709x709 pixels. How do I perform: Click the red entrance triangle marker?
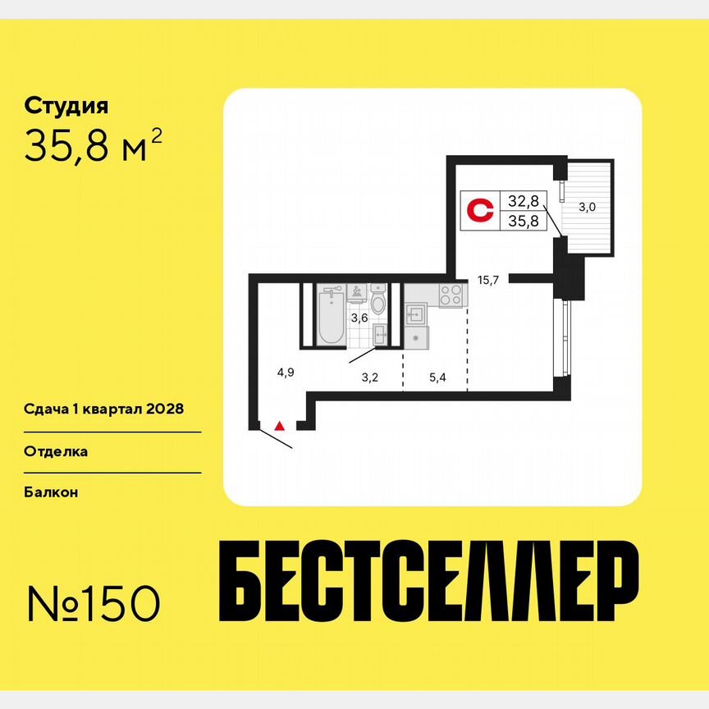pyautogui.click(x=280, y=425)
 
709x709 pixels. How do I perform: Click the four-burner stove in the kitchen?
pyautogui.click(x=450, y=295)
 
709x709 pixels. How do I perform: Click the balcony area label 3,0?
pyautogui.click(x=587, y=208)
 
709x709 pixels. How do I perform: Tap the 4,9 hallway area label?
pyautogui.click(x=285, y=372)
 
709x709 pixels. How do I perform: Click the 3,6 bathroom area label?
pyautogui.click(x=359, y=318)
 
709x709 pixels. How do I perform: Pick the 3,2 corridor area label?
pyautogui.click(x=370, y=378)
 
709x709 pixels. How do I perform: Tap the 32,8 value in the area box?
pyautogui.click(x=522, y=200)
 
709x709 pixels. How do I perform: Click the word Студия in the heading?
pyautogui.click(x=66, y=106)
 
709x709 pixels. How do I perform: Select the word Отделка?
pyautogui.click(x=56, y=451)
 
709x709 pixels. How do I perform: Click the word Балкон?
pyautogui.click(x=51, y=492)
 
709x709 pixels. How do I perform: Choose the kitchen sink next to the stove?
pyautogui.click(x=414, y=313)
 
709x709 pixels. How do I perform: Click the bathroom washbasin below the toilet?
pyautogui.click(x=380, y=333)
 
